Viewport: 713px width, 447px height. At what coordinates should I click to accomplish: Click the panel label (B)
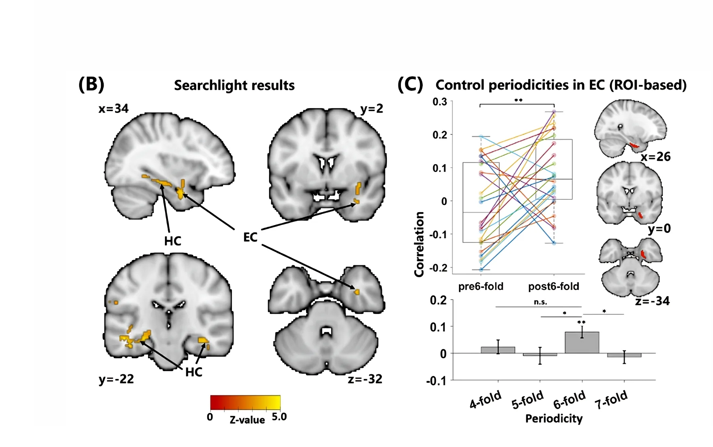coord(91,84)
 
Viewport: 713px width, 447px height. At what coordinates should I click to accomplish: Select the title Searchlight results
coord(234,86)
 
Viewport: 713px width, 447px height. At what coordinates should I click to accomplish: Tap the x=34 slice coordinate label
coord(113,109)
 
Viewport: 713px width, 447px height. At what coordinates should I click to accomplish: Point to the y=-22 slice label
coord(116,379)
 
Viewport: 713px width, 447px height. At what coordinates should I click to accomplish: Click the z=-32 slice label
coord(365,379)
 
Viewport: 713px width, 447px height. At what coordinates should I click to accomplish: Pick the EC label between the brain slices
coord(250,237)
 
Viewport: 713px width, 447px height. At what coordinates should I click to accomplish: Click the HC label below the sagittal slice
coord(173,241)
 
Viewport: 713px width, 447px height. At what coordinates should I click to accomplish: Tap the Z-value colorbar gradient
coord(245,402)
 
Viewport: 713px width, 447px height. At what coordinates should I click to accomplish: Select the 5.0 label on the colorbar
coord(279,417)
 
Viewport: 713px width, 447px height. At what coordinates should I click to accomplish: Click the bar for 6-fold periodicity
coord(582,343)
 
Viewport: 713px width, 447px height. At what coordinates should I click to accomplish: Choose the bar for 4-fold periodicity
coord(498,350)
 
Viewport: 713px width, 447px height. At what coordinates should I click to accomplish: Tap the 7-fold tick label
coord(611,399)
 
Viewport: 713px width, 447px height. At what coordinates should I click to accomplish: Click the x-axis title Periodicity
coord(554,419)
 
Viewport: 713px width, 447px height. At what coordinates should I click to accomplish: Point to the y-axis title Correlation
coord(419,244)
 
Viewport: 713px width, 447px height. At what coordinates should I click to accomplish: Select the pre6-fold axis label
coord(481,286)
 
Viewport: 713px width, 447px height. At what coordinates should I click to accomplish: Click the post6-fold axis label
coord(554,286)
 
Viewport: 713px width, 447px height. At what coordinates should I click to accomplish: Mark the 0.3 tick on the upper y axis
coord(440,102)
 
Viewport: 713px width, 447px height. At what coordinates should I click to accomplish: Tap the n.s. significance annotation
coord(540,302)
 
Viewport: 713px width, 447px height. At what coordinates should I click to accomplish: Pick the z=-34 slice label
coord(652,301)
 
